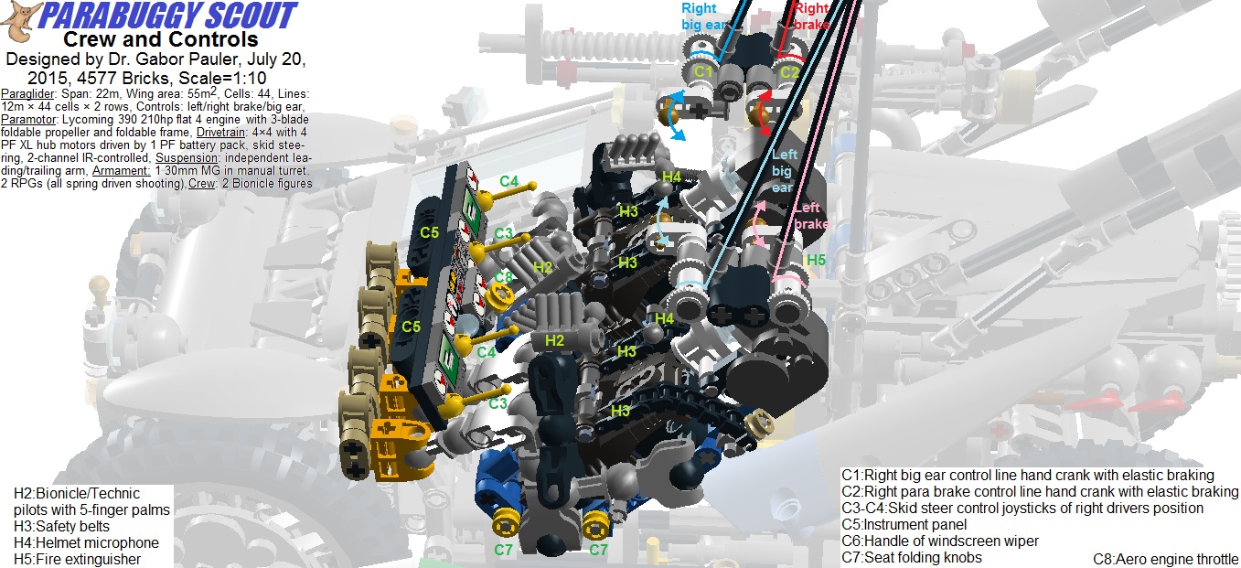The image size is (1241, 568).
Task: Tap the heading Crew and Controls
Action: (160, 39)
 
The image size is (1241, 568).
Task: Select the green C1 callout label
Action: (702, 70)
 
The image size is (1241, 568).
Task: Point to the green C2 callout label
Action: (788, 71)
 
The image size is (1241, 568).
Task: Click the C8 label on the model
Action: (504, 276)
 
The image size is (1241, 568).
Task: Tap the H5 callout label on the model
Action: (816, 260)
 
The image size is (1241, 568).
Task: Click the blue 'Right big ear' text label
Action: (699, 16)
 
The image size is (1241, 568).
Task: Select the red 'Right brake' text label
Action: (811, 16)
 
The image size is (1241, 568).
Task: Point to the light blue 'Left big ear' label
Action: (784, 172)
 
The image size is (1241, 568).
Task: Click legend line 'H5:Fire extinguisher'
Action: (78, 559)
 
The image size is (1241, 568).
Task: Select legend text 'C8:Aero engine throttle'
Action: (1165, 559)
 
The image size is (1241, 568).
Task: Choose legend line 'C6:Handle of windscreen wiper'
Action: (940, 541)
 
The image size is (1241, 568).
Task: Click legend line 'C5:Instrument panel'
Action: (904, 525)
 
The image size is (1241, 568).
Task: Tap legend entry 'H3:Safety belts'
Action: (61, 526)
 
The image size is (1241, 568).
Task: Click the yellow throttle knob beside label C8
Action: (498, 295)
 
